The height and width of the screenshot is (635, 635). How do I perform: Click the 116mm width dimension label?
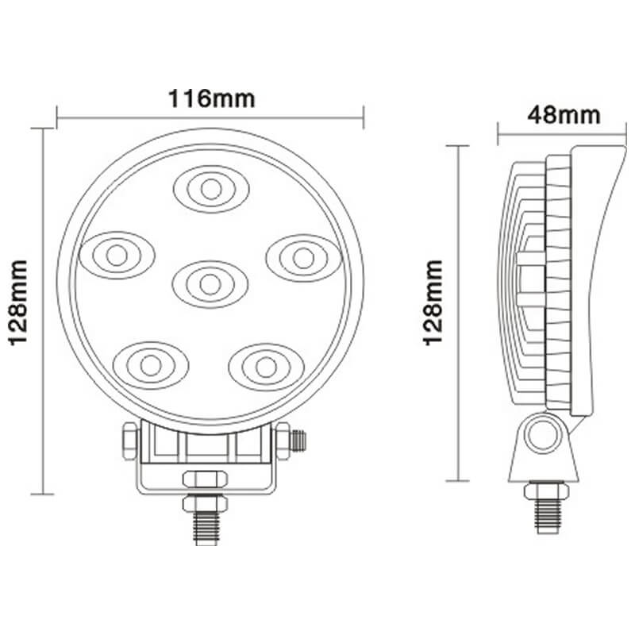[211, 100]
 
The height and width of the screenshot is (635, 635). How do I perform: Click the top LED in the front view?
[210, 188]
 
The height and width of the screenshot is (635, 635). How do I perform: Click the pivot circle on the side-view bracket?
[545, 434]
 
